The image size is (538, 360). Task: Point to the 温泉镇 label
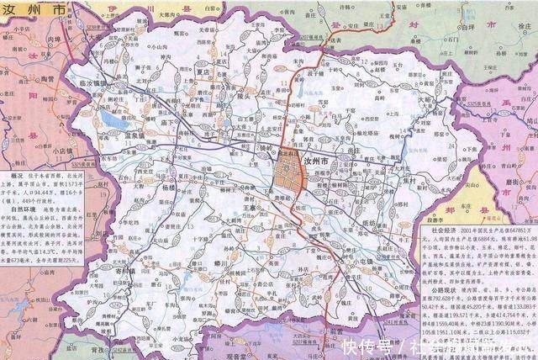[x=114, y=134]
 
